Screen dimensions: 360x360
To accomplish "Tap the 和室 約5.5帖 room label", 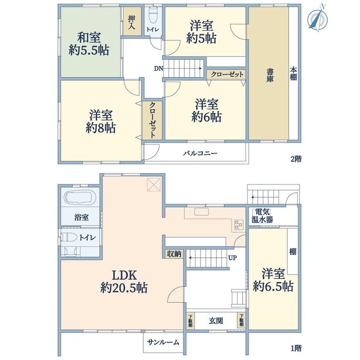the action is tap(89, 44).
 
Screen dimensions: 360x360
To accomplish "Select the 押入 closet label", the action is tap(131, 22).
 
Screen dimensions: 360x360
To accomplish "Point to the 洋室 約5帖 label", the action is tap(201, 32).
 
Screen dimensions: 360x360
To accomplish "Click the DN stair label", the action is tap(158, 68).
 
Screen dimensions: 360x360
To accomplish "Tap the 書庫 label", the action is tap(270, 76).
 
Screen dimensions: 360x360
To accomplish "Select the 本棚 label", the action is tap(293, 74).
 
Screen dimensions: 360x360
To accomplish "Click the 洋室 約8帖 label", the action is tap(101, 122).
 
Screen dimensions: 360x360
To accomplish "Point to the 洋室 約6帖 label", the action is tap(206, 110).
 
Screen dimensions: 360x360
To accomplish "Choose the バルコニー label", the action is tap(200, 153).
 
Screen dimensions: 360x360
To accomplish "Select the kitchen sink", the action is tap(202, 211).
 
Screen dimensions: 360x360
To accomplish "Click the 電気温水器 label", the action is tap(262, 216).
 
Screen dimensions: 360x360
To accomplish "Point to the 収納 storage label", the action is tap(174, 254).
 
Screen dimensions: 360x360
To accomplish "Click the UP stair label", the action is tap(232, 258).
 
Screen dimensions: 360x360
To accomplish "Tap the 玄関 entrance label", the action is tap(216, 321).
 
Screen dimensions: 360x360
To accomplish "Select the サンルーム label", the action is tap(163, 342).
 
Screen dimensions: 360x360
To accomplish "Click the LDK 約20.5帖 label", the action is tap(124, 281).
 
